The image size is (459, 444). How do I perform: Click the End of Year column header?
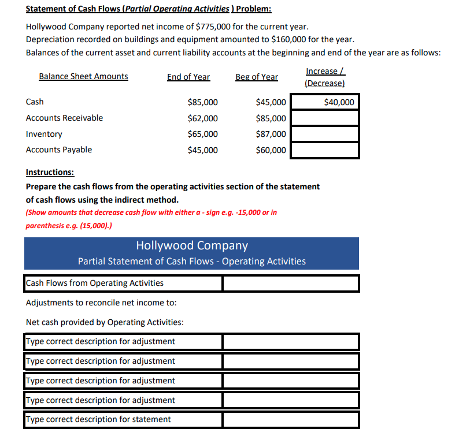[188, 77]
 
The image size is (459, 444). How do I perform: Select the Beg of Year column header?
[257, 77]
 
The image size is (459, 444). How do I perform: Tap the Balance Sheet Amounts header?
[83, 76]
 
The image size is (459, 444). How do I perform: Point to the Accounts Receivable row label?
[64, 118]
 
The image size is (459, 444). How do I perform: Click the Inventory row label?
[44, 134]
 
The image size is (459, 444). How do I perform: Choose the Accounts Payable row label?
[58, 150]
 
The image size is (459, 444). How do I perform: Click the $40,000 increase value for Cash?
[339, 103]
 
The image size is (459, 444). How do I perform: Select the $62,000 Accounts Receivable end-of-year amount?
[203, 118]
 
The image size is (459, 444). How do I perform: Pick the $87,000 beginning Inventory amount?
[271, 134]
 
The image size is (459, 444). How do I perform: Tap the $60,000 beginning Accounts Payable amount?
[271, 150]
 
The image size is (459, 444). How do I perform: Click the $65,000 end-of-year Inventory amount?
[203, 134]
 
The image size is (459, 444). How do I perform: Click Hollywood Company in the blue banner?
[192, 245]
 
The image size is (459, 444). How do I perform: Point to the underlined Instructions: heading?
[50, 173]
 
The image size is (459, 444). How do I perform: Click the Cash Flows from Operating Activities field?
[123, 283]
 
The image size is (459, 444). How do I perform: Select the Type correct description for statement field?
[123, 419]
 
